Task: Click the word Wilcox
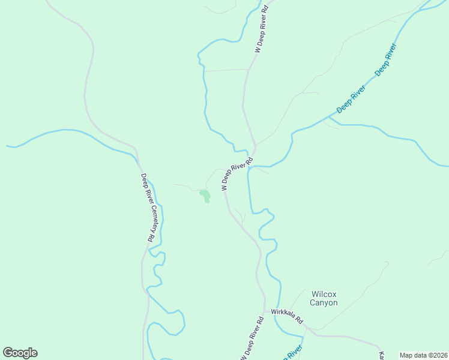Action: (x=324, y=294)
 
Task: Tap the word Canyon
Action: (x=324, y=302)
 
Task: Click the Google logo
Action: (x=20, y=353)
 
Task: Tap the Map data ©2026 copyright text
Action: (x=423, y=355)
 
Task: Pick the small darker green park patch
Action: (x=205, y=196)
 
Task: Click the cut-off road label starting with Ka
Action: (x=382, y=356)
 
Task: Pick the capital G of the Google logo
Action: (x=8, y=353)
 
